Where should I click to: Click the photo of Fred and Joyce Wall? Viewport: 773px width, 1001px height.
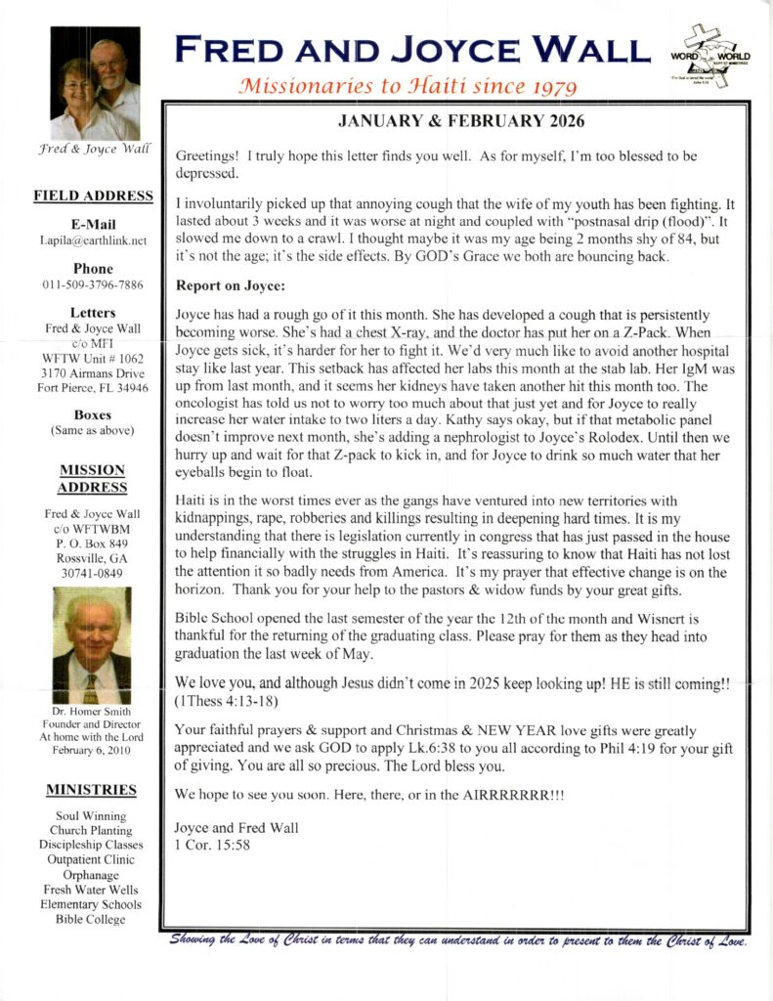pos(95,83)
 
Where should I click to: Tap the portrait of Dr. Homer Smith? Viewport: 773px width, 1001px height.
pos(91,645)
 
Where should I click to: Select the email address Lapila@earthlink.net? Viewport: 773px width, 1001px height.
pos(94,239)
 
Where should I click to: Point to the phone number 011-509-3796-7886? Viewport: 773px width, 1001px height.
pos(94,284)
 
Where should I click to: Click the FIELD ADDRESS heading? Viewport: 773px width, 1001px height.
pos(94,196)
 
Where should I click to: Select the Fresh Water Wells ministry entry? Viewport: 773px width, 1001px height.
pos(91,890)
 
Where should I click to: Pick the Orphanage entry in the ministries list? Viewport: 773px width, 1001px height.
pos(91,875)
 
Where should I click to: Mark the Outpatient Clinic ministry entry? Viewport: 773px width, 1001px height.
pos(91,860)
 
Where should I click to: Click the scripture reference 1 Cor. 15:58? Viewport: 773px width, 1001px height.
pos(212,845)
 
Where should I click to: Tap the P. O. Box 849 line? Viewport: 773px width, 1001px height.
pos(91,543)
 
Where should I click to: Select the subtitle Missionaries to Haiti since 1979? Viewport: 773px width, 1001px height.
pos(387,84)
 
